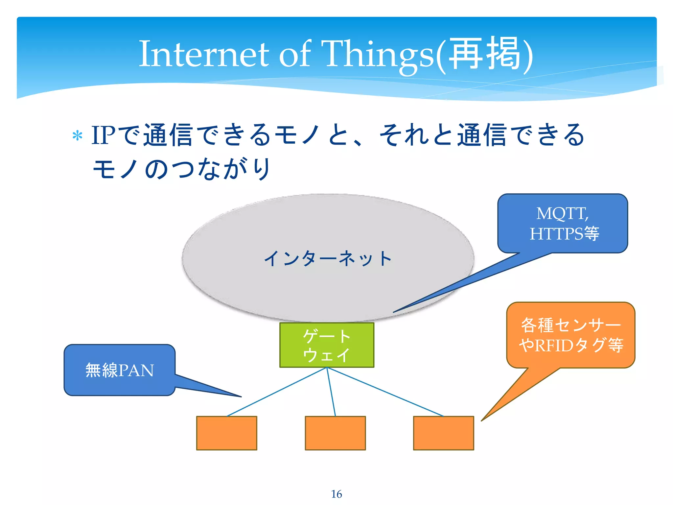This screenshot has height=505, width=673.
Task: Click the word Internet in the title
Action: pyautogui.click(x=204, y=54)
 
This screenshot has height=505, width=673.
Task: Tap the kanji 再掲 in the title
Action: pyautogui.click(x=485, y=54)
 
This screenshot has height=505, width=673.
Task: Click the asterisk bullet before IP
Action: pyautogui.click(x=77, y=136)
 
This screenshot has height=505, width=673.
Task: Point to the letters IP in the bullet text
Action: pyautogui.click(x=103, y=135)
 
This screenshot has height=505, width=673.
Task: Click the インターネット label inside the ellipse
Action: pyautogui.click(x=328, y=258)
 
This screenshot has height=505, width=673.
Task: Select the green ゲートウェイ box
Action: pyautogui.click(x=327, y=345)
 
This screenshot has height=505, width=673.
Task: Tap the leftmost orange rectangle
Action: pyautogui.click(x=226, y=433)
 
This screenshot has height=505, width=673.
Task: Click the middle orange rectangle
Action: pyautogui.click(x=335, y=433)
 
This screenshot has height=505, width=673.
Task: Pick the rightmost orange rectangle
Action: pyautogui.click(x=443, y=433)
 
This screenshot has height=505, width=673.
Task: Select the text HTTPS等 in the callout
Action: pyautogui.click(x=564, y=234)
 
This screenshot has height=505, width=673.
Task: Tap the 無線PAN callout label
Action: pyautogui.click(x=120, y=370)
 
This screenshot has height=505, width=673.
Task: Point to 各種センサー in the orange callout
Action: pyautogui.click(x=571, y=325)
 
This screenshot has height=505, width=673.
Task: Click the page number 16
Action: pyautogui.click(x=336, y=494)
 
